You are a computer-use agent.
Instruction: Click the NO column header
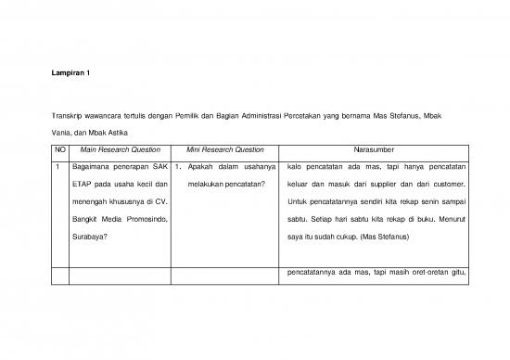click(60, 149)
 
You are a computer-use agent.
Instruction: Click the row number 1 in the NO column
click(57, 167)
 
